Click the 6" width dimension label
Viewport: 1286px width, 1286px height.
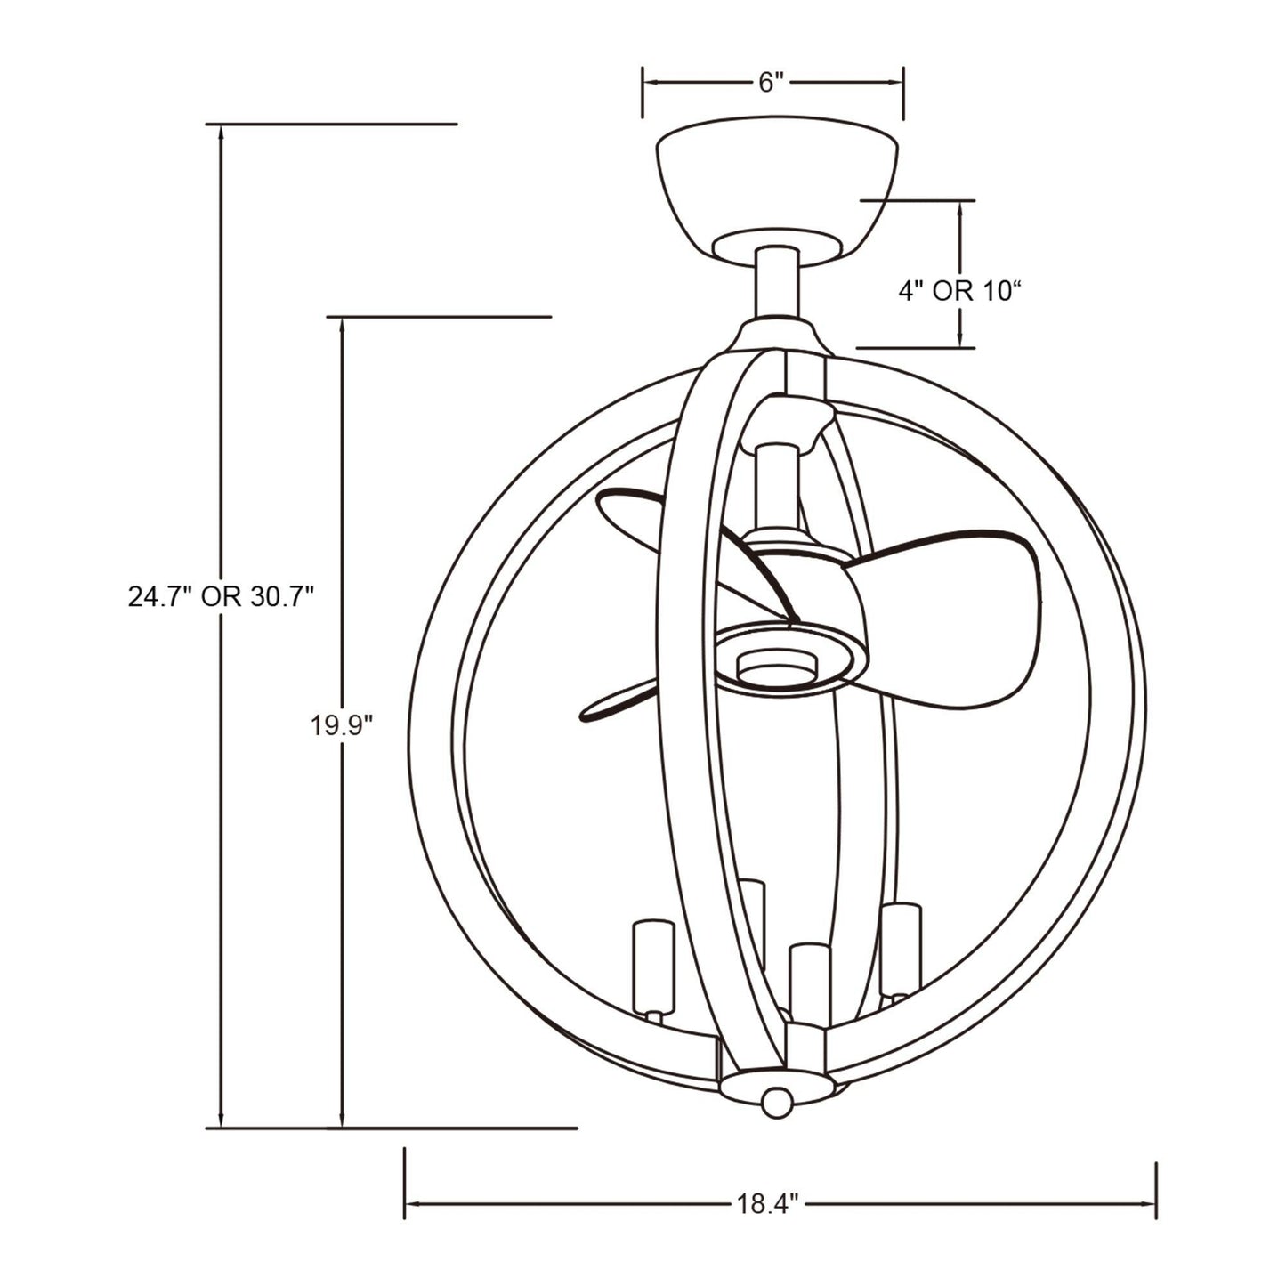[771, 83]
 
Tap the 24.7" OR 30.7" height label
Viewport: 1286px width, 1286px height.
[221, 596]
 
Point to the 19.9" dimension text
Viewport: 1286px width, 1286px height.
[340, 725]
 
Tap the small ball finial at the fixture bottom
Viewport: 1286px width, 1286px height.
[776, 1101]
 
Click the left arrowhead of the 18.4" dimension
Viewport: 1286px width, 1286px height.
[413, 1204]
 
